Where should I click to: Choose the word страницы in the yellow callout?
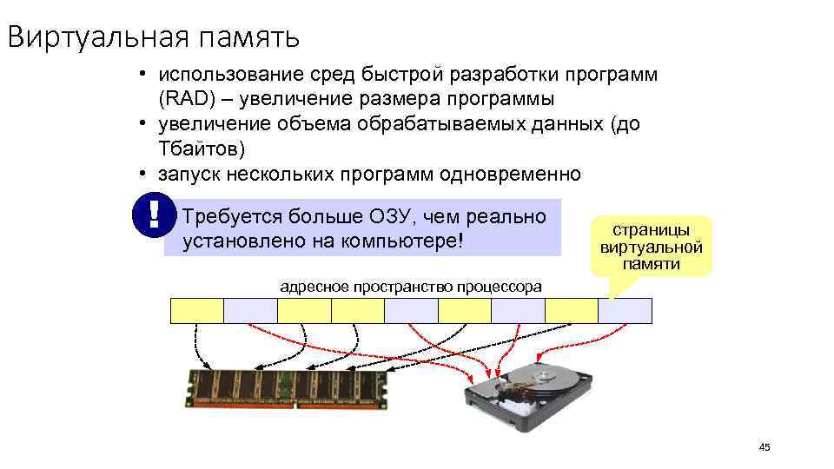(x=652, y=230)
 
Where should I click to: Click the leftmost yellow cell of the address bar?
(x=197, y=310)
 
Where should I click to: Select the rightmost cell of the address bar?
(x=625, y=310)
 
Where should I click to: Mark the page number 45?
(x=764, y=447)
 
